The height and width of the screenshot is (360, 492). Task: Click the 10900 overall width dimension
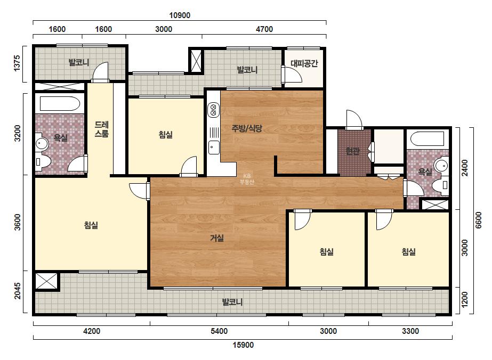click(180, 15)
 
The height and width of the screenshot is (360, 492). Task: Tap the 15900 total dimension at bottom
click(243, 345)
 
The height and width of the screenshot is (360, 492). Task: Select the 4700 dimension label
click(264, 29)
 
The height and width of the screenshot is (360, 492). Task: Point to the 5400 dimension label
click(219, 331)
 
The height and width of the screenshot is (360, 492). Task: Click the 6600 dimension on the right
click(478, 220)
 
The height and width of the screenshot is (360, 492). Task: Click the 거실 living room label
click(217, 238)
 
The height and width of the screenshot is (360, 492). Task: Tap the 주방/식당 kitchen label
click(247, 128)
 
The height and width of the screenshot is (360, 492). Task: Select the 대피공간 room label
click(304, 63)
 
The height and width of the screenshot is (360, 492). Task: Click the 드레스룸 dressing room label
click(102, 129)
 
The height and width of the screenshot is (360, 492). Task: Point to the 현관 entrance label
click(352, 151)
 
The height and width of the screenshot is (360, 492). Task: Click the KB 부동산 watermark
click(247, 179)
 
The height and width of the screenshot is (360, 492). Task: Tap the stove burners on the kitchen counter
click(213, 110)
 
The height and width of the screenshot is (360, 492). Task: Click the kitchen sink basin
click(214, 148)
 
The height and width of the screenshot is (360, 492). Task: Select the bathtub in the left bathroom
click(60, 104)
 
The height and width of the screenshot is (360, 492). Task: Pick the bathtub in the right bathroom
click(427, 139)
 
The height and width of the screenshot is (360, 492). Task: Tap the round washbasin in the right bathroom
click(441, 165)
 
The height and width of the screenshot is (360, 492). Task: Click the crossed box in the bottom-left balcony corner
click(46, 281)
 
